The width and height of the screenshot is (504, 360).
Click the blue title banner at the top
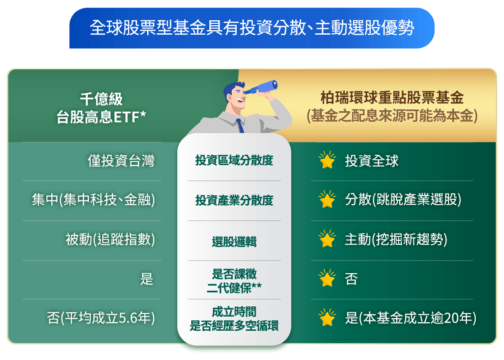tap(252, 28)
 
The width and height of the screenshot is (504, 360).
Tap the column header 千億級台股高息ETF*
tap(101, 108)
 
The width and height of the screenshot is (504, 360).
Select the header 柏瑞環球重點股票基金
tap(391, 98)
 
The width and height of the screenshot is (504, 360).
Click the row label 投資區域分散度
tap(234, 160)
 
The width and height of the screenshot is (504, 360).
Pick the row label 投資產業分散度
tap(234, 200)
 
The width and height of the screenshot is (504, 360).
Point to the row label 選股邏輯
tap(234, 242)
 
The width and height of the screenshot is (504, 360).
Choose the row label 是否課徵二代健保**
tap(234, 280)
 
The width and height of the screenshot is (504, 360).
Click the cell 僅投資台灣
tap(121, 161)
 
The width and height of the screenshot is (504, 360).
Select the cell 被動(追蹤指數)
tap(110, 240)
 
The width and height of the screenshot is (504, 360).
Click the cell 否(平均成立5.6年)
tap(101, 319)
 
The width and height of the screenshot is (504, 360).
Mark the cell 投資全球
tap(372, 161)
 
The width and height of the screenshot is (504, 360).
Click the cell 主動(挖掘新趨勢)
tap(396, 240)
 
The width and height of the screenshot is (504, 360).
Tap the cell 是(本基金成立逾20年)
tap(410, 319)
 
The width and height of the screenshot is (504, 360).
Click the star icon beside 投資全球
tap(327, 160)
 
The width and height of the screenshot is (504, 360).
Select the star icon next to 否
tap(327, 279)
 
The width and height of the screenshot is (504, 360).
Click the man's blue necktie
tap(240, 125)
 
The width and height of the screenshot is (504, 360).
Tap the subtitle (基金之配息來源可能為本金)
tap(391, 116)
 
